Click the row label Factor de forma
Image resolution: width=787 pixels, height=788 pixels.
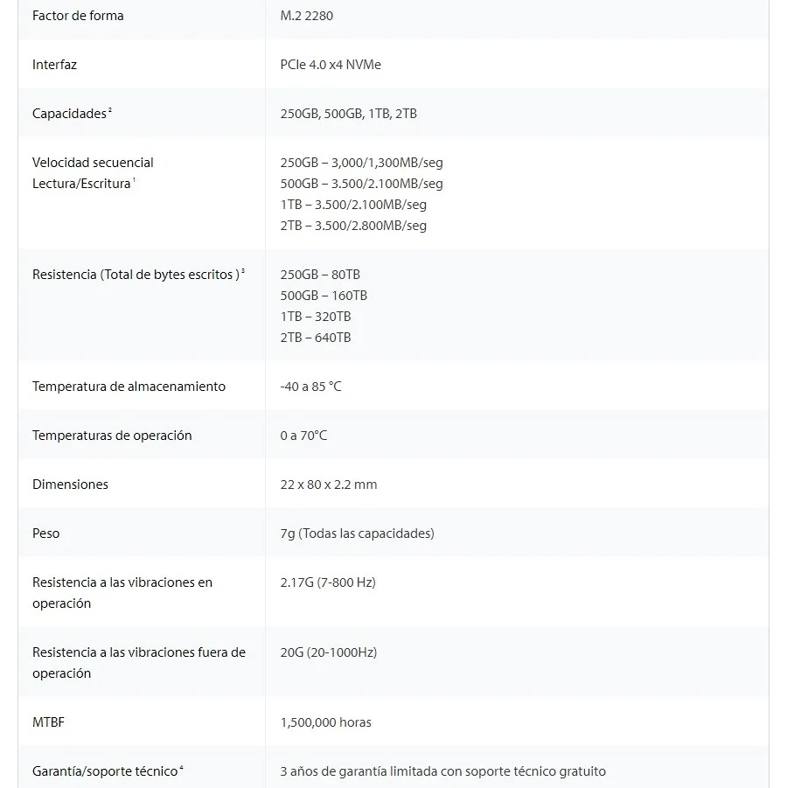pos(78,16)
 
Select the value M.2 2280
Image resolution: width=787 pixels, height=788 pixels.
pos(306,16)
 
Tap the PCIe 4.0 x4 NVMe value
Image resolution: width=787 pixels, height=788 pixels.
pos(331,65)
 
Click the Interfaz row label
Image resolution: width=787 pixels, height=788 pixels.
pos(54,65)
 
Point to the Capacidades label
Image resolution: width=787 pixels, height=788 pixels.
pos(69,114)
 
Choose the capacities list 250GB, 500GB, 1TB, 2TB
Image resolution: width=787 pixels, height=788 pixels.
pos(348,114)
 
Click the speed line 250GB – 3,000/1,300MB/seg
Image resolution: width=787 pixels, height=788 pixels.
pos(361,163)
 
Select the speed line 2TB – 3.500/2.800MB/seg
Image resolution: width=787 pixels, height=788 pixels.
pos(353,226)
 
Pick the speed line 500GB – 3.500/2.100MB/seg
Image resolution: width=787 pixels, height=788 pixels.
pos(361,184)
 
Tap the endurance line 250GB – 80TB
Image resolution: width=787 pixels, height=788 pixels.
pos(320,275)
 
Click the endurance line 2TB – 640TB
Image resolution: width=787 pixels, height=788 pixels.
pos(316,338)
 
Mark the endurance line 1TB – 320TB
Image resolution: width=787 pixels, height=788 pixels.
pos(316,317)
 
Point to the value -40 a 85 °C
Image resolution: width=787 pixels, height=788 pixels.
pos(310,387)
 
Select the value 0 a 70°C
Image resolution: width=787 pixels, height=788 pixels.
pos(303,436)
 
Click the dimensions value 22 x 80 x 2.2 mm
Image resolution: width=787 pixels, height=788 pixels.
pos(329,485)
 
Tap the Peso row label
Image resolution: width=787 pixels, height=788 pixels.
pos(46,533)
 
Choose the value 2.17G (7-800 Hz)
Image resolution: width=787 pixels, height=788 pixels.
pos(328,582)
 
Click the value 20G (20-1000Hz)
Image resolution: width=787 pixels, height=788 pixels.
pos(329,652)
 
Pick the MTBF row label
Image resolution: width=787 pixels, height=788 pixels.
pos(48,722)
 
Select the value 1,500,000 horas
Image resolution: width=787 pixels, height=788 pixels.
pos(325,722)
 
